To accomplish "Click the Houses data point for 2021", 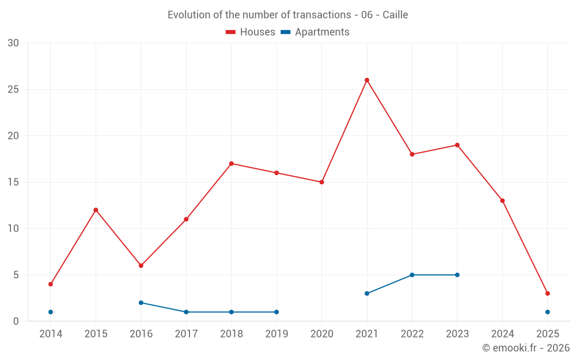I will (367, 80).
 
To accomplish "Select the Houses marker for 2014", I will (51, 284).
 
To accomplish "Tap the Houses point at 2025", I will (548, 293).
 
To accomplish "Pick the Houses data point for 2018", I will (232, 164).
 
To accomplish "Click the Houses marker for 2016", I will (141, 266).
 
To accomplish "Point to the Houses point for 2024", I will (502, 200).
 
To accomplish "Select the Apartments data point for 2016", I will (141, 302).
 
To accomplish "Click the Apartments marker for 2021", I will (367, 293).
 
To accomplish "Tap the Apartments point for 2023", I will (457, 275).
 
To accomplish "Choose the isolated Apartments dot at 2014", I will (51, 312).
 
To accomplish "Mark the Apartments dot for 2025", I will (548, 312).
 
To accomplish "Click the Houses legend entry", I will (251, 32).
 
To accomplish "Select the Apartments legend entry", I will (315, 32).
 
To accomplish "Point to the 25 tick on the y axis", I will (13, 89).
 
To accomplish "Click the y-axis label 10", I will (13, 229).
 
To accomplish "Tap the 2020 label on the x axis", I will (322, 334).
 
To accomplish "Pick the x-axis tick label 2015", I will (96, 334).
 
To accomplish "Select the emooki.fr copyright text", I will (526, 348).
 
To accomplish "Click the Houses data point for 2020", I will (322, 182).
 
